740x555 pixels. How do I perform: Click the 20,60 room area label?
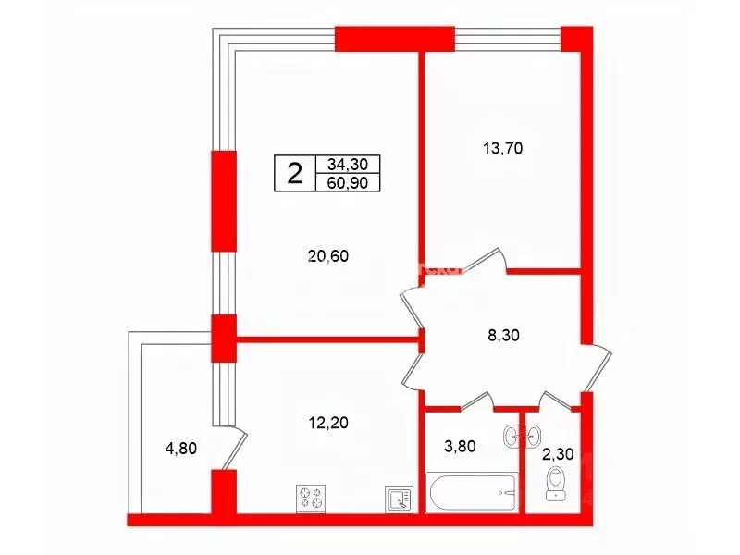click(x=328, y=256)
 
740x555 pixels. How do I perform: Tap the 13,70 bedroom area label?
click(x=502, y=148)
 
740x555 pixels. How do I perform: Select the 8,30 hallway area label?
click(x=503, y=335)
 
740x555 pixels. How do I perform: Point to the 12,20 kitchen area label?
click(x=328, y=422)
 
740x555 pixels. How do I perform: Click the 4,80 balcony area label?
click(x=180, y=448)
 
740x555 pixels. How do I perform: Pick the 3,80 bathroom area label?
click(x=460, y=446)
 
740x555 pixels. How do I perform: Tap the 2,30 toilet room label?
click(x=558, y=454)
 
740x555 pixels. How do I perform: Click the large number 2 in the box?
click(x=295, y=173)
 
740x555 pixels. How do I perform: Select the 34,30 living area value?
click(x=348, y=165)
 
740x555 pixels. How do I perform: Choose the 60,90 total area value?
click(x=348, y=182)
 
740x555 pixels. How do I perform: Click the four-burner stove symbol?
click(x=312, y=499)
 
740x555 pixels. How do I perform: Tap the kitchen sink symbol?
click(x=400, y=499)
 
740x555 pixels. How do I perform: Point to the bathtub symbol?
click(x=472, y=492)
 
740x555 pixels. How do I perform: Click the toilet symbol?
click(x=557, y=483)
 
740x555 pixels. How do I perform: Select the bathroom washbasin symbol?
click(x=523, y=436)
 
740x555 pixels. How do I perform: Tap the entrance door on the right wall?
click(x=596, y=368)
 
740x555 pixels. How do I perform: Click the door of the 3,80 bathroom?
click(x=476, y=401)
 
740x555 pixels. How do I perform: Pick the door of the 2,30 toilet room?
click(x=557, y=401)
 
